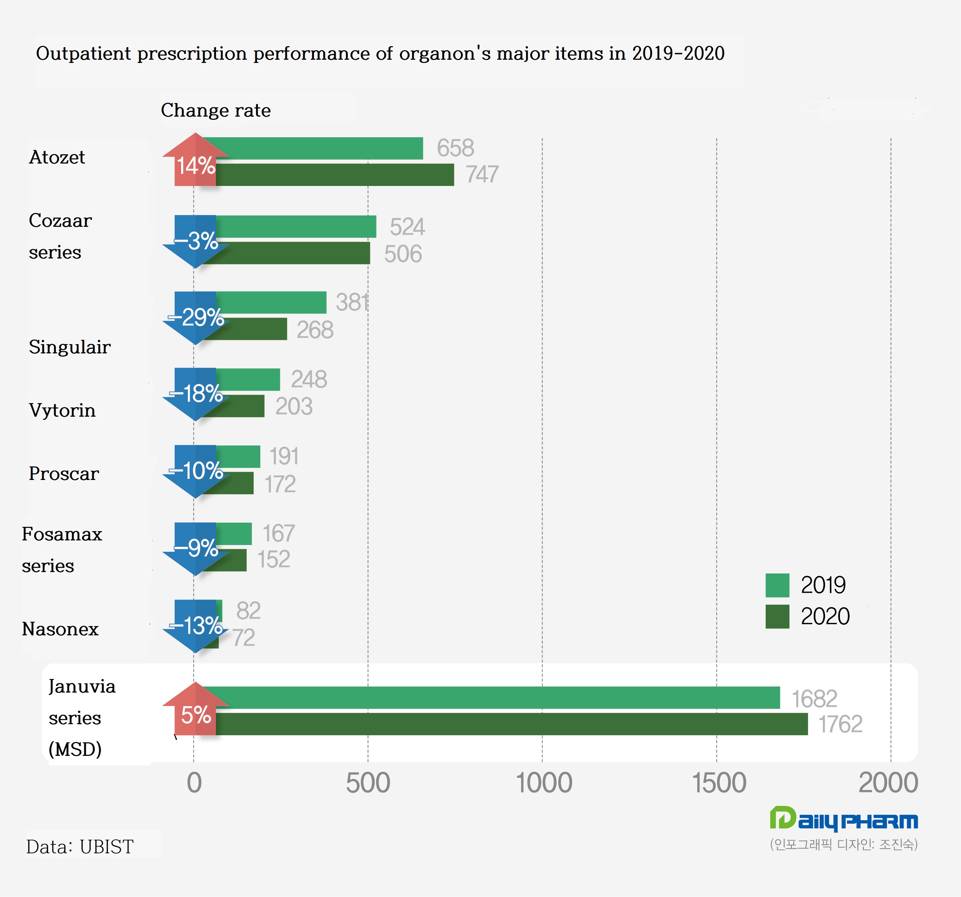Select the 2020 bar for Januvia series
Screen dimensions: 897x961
click(507, 724)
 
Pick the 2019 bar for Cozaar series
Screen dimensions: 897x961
click(295, 226)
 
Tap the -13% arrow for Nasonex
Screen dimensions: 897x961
click(195, 626)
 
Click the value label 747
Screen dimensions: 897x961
click(482, 174)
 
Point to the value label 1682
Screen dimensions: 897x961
click(814, 699)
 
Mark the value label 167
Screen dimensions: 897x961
click(278, 533)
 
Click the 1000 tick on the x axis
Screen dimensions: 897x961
click(544, 783)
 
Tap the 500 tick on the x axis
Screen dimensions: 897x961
click(368, 783)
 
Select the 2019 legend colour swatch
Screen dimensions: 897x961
click(777, 586)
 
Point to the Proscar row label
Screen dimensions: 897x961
click(64, 474)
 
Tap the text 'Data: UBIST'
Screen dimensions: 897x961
click(80, 847)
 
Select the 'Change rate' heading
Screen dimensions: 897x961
click(216, 110)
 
